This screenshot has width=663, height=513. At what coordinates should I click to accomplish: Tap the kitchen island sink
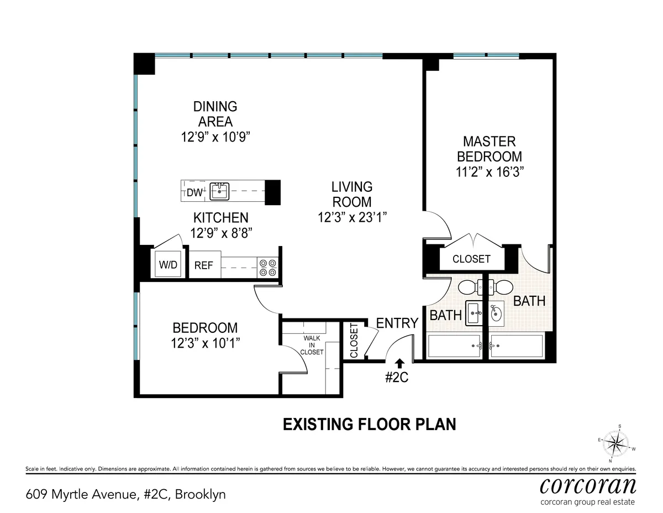point(219,192)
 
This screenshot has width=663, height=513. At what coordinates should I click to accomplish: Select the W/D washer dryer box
point(168,265)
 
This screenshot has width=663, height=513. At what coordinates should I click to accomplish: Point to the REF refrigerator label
point(203,265)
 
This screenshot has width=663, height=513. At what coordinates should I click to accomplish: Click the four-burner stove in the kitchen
point(268,268)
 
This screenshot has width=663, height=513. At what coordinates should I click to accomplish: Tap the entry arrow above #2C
point(400,363)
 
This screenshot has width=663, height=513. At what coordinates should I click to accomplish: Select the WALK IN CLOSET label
point(312,345)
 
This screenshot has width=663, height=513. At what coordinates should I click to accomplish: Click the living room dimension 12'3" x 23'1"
point(352,217)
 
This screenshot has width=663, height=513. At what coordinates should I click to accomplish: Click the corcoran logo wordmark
point(588,485)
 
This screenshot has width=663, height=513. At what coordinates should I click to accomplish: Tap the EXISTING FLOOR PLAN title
point(370,424)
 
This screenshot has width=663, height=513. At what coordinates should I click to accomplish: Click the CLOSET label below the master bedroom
point(471,259)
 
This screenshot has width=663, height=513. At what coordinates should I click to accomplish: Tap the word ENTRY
point(397,323)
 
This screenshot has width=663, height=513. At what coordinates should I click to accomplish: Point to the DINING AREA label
point(215,113)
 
